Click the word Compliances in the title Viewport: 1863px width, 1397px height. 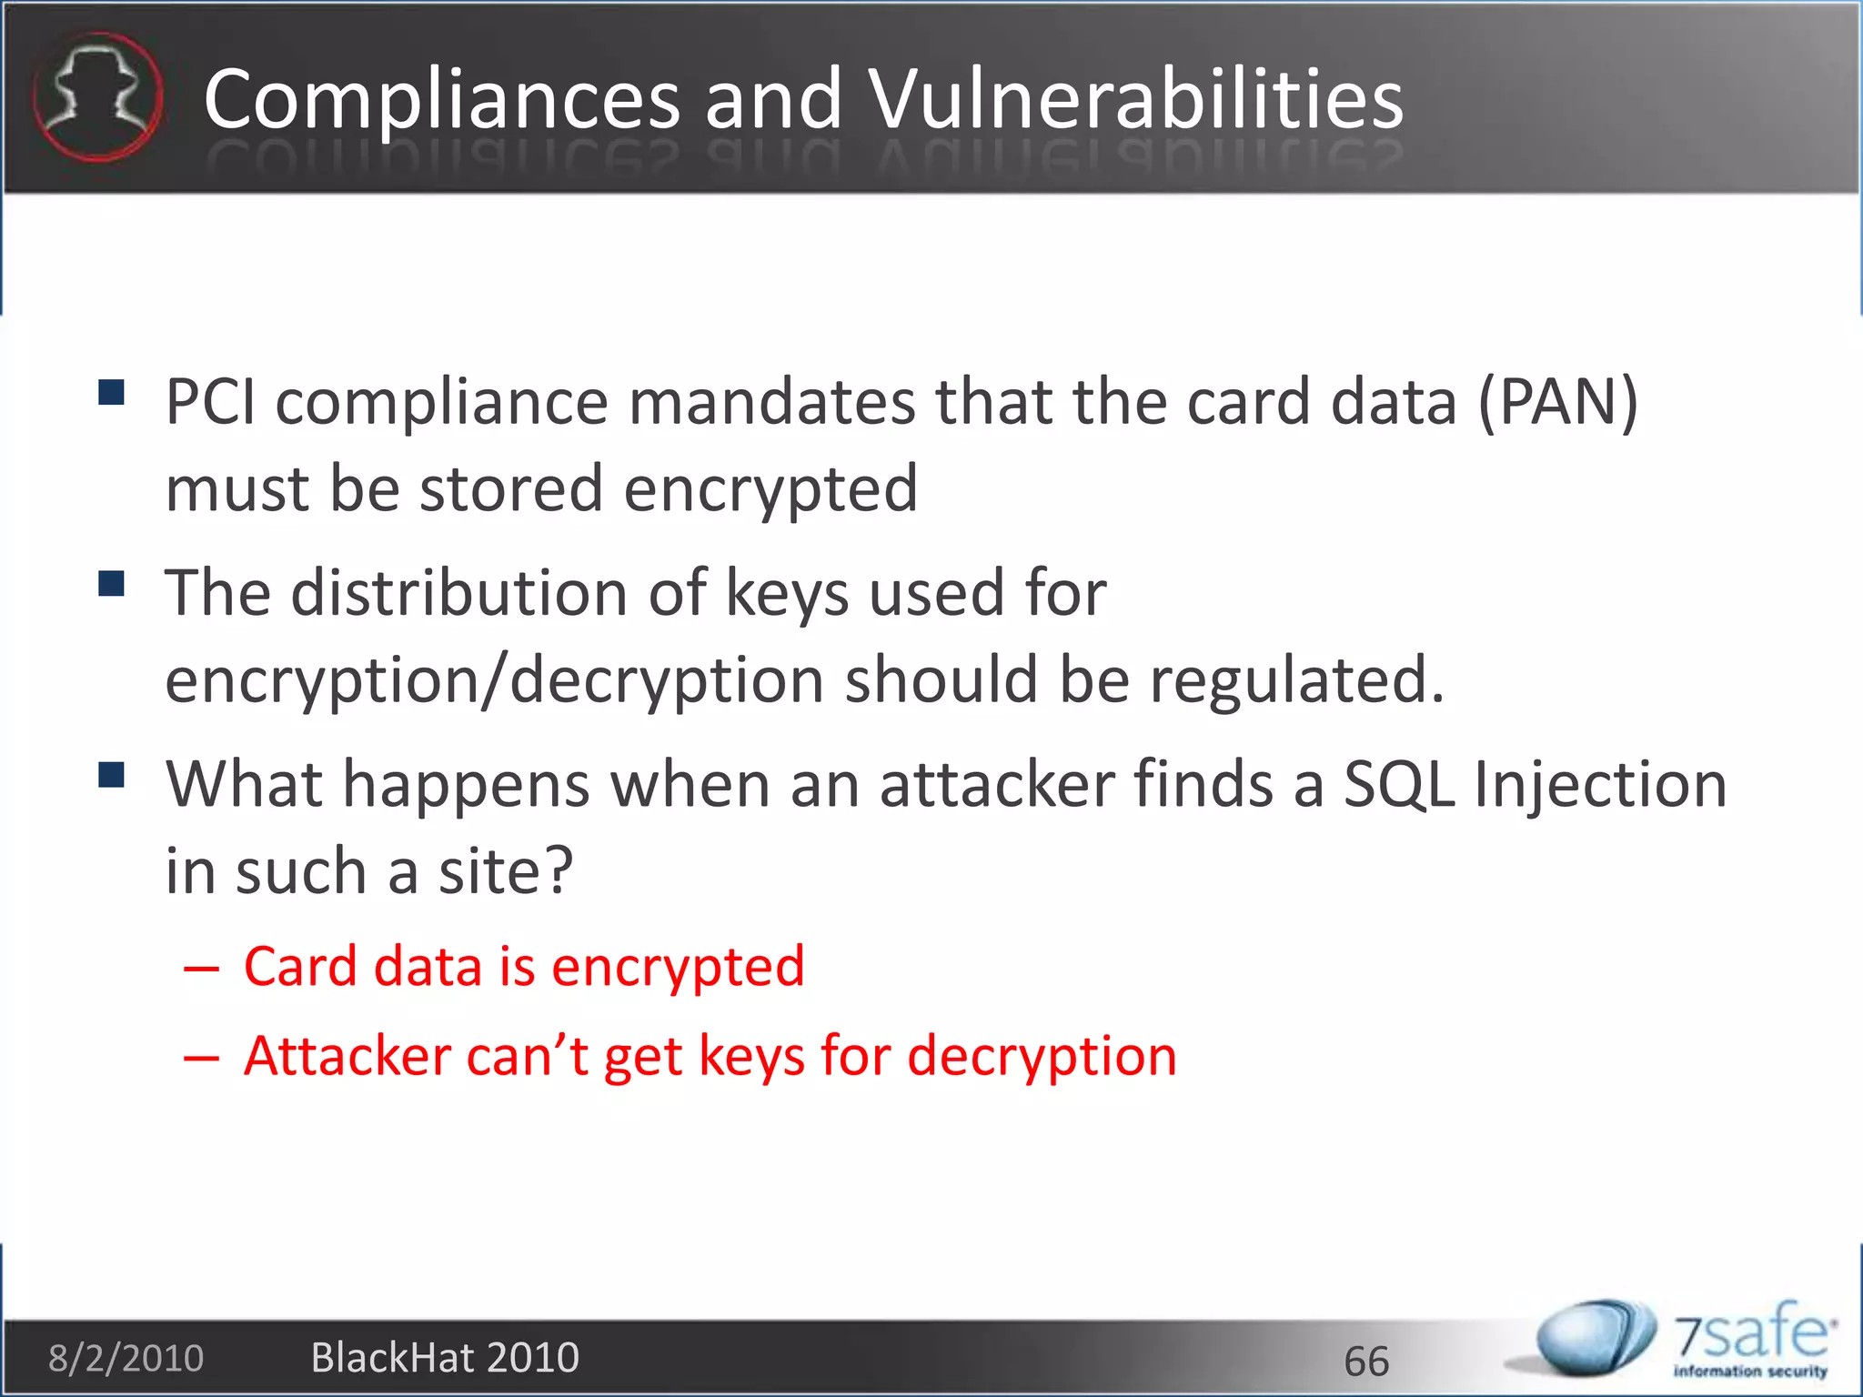(x=442, y=100)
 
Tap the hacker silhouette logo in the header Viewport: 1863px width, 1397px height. (x=97, y=96)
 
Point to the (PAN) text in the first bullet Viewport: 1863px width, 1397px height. (x=1557, y=402)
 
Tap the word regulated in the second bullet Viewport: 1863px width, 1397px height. (x=1296, y=680)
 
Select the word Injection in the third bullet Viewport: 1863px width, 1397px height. (x=1601, y=786)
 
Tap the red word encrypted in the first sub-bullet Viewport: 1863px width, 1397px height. (x=678, y=968)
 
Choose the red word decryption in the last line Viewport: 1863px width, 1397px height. (x=1042, y=1057)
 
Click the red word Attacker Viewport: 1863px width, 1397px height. (x=347, y=1057)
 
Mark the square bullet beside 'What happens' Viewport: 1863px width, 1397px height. (x=111, y=775)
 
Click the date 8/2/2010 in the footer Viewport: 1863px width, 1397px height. (x=126, y=1358)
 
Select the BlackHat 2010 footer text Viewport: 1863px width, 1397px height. (x=445, y=1358)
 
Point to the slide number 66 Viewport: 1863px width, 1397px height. (x=1366, y=1362)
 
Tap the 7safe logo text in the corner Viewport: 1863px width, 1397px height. (x=1751, y=1337)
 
